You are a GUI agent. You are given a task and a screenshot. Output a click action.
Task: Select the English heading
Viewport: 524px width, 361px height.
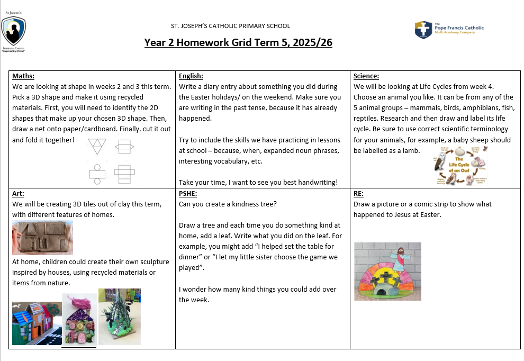(191, 76)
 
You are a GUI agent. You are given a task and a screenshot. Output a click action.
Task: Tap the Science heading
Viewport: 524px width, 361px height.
(366, 76)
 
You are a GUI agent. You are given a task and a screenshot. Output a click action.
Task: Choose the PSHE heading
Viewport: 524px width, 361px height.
(188, 194)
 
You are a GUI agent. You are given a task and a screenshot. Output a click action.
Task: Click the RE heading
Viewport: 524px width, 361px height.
(358, 194)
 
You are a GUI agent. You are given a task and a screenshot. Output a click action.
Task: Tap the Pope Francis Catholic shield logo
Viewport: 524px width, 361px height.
(423, 30)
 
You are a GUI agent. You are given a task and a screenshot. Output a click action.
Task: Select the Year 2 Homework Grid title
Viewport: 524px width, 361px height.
(238, 43)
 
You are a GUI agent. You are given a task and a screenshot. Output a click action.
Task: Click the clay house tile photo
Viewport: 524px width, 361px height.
(42, 238)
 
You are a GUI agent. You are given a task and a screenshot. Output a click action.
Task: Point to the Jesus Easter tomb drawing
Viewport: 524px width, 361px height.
(387, 271)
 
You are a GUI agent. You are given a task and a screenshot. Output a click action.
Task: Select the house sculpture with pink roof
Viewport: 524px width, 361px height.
(79, 320)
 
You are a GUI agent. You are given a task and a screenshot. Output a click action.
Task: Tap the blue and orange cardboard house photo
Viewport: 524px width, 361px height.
(36, 323)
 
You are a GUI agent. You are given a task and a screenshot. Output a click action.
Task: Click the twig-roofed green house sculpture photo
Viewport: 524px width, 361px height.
(120, 317)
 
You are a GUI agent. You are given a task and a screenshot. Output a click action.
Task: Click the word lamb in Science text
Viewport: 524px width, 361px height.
(411, 150)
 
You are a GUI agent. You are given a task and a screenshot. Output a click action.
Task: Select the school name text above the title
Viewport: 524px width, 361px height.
(230, 26)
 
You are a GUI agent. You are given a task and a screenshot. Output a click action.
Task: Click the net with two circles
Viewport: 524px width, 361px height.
(97, 173)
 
